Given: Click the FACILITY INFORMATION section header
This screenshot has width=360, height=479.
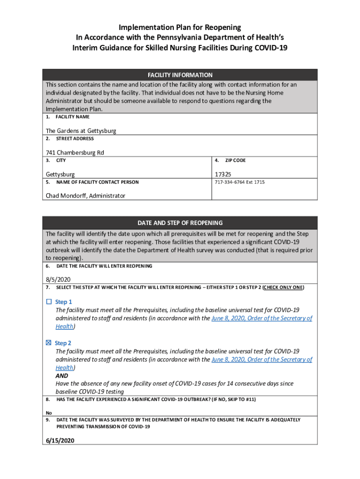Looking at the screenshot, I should tap(180, 75).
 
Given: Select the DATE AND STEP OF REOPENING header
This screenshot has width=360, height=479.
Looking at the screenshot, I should tap(180, 223).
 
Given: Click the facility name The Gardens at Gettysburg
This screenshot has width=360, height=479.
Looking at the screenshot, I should tap(81, 131).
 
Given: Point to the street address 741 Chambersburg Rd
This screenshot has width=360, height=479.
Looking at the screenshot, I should tap(75, 152).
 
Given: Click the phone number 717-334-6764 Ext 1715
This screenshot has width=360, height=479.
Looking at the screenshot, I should tap(239, 182).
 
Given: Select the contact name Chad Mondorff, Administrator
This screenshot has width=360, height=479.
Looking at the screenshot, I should tap(85, 196).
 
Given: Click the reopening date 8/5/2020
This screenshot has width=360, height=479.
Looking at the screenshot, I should tap(58, 280).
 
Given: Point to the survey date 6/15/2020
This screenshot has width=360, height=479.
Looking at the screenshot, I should tap(60, 441).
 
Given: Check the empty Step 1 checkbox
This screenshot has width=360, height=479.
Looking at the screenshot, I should tap(49, 302).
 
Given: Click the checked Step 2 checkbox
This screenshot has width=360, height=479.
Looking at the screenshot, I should tap(49, 343).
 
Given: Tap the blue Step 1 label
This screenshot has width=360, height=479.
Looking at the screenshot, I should tap(64, 302).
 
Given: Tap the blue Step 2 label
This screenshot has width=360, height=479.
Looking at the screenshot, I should tap(63, 343).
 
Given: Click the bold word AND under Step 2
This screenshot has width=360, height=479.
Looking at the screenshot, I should tap(62, 376).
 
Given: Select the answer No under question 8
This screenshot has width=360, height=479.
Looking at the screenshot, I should tap(49, 413).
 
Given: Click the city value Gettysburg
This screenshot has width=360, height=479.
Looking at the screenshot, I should tap(60, 174).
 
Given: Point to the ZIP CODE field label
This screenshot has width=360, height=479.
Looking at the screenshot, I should tap(235, 160).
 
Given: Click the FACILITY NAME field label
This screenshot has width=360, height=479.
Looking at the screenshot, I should tap(72, 116).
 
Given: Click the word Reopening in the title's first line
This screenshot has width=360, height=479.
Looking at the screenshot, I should tap(222, 28).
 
